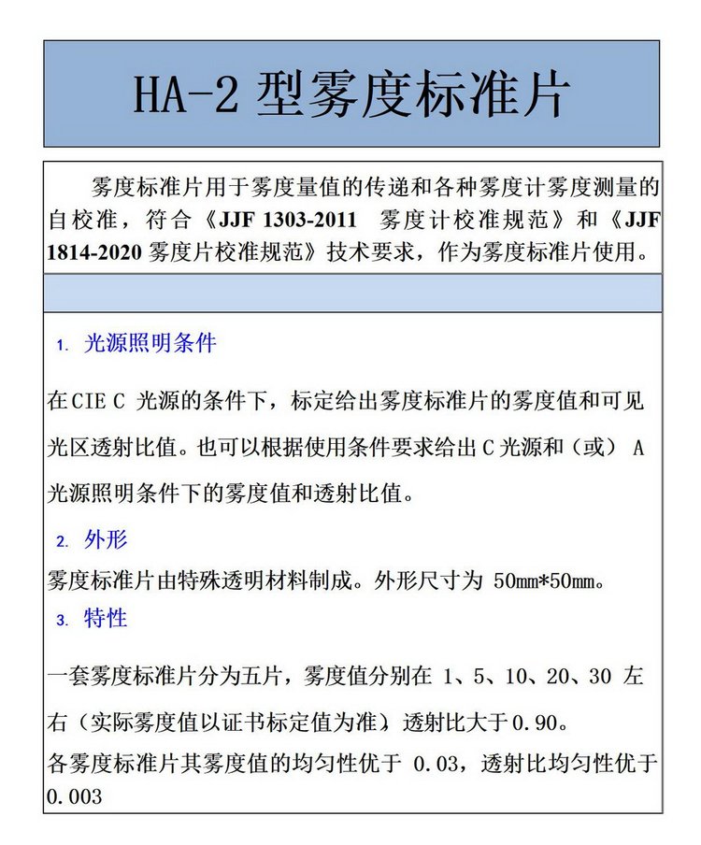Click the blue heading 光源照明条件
click(150, 344)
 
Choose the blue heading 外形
click(106, 539)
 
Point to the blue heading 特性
click(106, 618)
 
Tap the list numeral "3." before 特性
click(63, 620)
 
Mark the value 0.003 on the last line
click(74, 797)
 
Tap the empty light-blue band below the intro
click(352, 294)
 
